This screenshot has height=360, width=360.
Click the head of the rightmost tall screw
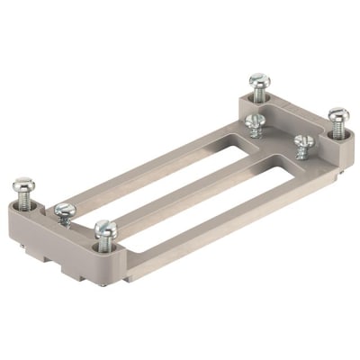[337, 115]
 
